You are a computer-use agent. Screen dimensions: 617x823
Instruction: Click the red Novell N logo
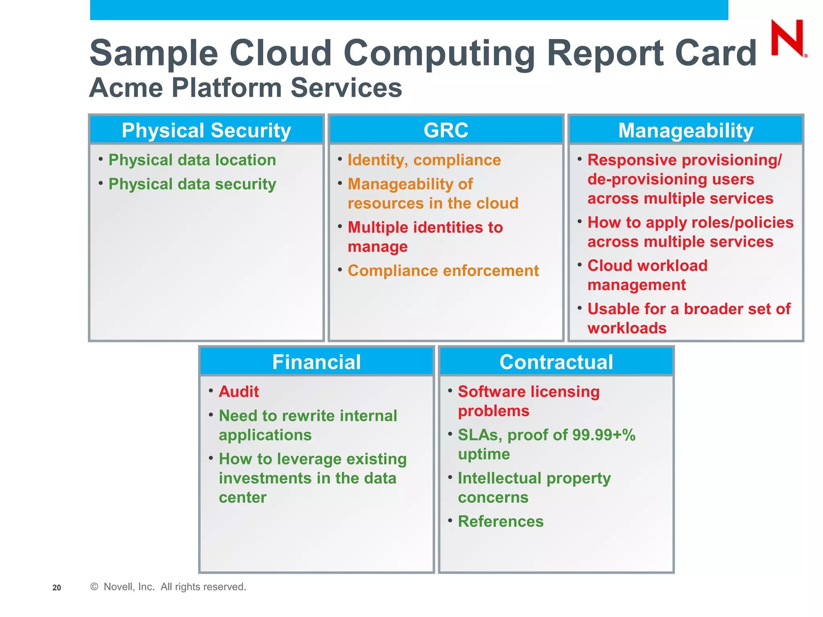(x=787, y=38)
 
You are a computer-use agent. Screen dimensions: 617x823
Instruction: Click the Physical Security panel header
(x=206, y=131)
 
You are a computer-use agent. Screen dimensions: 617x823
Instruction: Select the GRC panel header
(x=446, y=131)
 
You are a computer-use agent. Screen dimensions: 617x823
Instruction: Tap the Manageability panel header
(x=686, y=131)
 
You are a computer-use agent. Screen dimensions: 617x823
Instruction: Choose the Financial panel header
(x=316, y=362)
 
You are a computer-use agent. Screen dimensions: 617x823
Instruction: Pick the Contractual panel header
(x=556, y=362)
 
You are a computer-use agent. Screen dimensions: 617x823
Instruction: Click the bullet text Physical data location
(x=192, y=160)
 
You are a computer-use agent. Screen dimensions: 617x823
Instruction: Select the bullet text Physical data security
(x=192, y=184)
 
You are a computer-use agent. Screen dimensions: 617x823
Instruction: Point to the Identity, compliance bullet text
(x=424, y=160)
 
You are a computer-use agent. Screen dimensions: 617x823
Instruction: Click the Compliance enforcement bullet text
(x=443, y=271)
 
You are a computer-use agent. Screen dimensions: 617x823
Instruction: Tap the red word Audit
(x=239, y=392)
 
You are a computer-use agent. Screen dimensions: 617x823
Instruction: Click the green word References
(x=501, y=521)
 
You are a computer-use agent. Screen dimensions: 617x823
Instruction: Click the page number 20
(x=57, y=588)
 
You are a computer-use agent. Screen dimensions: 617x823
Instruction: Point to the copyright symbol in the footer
(x=94, y=587)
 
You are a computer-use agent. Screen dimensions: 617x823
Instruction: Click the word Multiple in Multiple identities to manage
(x=378, y=228)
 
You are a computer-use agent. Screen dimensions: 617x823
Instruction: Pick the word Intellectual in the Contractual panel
(x=500, y=478)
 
